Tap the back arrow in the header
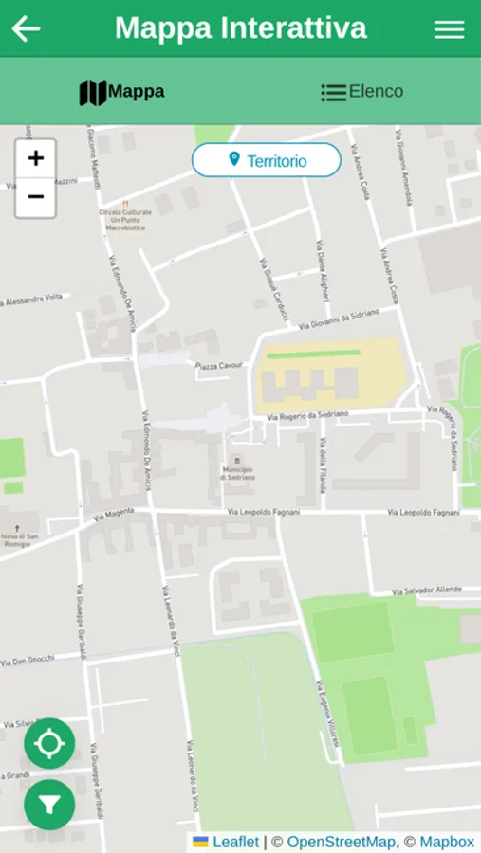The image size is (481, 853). pos(26,28)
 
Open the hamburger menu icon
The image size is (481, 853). pos(449,29)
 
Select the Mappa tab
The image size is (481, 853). pos(121,92)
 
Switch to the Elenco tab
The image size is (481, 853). pos(361,92)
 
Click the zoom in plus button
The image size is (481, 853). pos(36,158)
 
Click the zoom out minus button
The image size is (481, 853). pos(36,197)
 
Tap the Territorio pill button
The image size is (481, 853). pos(267,160)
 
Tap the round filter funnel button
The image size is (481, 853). pos(49,805)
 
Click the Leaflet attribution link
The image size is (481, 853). pos(235,842)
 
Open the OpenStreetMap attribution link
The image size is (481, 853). pos(341,842)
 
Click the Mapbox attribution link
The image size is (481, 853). pos(447,842)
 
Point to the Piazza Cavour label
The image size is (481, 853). pos(219,366)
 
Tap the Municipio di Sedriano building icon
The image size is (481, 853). pos(237,460)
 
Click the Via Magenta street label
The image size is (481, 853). pos(115,515)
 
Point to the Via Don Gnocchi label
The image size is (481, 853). pos(28,660)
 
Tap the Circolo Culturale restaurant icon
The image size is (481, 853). pos(124,202)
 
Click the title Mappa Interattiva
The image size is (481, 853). pos(240,28)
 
